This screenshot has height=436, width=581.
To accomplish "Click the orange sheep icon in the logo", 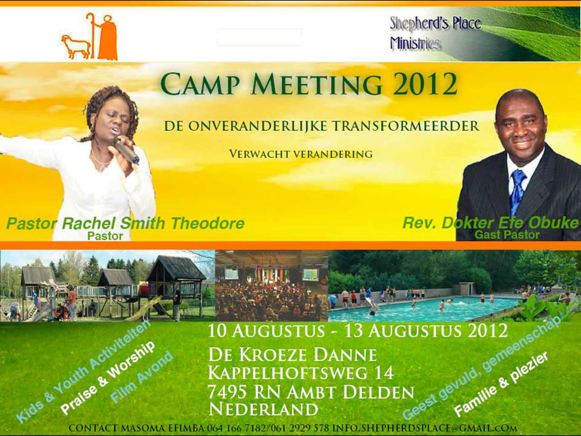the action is [76, 47].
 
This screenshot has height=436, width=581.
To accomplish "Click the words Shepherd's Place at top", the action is [435, 24].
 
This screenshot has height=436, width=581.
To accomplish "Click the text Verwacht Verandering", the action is [301, 154].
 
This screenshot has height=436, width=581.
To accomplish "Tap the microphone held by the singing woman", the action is [126, 150].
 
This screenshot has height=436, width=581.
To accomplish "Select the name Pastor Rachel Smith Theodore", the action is [125, 223].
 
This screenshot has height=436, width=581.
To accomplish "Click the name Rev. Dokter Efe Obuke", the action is [491, 223].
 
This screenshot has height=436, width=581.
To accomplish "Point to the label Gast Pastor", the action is [507, 235].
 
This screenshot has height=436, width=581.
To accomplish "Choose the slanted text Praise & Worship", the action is [108, 378].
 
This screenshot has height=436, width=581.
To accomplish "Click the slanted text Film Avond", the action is [142, 377].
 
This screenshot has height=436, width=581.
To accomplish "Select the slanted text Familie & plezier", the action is [501, 384].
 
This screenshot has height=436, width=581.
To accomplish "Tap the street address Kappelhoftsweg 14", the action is [301, 372].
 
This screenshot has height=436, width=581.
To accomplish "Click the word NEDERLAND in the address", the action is [263, 409].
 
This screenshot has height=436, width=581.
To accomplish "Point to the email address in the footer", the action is [424, 428].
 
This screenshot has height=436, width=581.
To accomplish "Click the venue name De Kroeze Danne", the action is [293, 355].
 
